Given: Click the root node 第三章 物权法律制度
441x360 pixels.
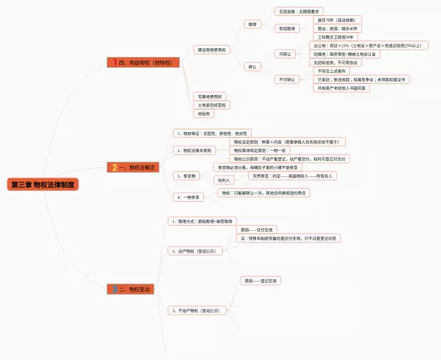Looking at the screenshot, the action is [x=43, y=184].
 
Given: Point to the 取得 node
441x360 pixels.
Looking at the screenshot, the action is [x=252, y=24].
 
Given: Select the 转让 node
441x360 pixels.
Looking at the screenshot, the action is [x=252, y=67].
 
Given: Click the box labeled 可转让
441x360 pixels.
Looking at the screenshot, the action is [x=285, y=54].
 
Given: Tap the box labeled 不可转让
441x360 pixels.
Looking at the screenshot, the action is [x=286, y=79].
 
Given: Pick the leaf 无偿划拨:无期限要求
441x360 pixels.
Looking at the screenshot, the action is [x=298, y=12].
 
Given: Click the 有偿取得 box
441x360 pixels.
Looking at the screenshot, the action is [x=287, y=29].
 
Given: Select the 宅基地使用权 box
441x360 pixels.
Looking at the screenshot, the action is [x=209, y=96].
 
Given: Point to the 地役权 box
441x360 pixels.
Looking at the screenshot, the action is [x=204, y=114].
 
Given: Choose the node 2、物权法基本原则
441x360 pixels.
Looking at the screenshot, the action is [x=194, y=150].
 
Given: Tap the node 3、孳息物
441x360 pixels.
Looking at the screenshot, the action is [x=186, y=176].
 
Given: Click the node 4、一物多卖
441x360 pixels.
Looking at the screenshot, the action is [x=187, y=197].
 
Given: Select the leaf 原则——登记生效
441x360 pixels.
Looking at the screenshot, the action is [x=260, y=281].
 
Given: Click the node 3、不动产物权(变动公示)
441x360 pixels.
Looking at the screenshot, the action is [x=198, y=311].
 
